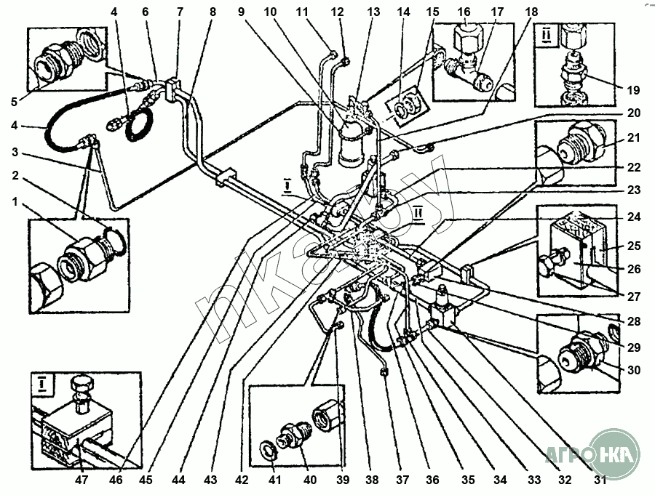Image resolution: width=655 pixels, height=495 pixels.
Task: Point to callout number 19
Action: pos(632,90)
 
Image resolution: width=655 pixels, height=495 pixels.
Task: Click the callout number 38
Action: pos(373,480)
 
